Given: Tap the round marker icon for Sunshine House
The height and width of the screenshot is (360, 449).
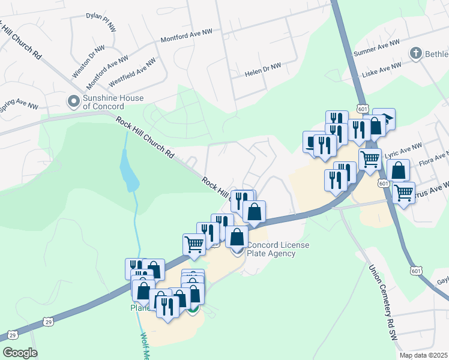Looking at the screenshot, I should point(74,101).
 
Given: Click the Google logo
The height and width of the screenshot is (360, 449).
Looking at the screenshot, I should point(20,353).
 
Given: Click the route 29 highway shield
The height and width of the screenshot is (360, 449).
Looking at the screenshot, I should point(13,334).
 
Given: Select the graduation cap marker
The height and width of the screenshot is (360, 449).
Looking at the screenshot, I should point(385,118).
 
